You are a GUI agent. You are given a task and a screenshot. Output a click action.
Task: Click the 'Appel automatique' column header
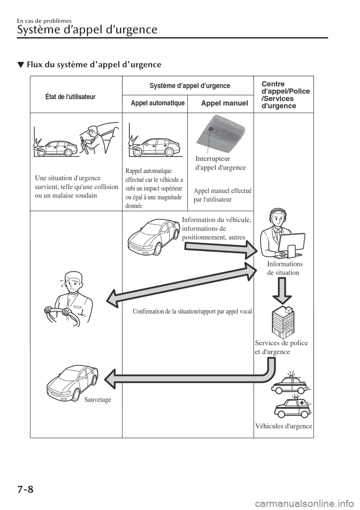(x=157, y=103)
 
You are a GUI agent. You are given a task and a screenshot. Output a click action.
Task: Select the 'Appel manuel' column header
(x=224, y=103)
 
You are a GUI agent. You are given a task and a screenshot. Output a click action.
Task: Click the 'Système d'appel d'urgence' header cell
(x=190, y=86)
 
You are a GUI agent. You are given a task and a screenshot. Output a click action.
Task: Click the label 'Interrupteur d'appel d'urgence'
(x=220, y=163)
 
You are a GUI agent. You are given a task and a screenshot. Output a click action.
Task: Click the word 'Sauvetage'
(x=97, y=400)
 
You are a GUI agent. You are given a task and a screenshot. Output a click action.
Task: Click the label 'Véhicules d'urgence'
(x=283, y=426)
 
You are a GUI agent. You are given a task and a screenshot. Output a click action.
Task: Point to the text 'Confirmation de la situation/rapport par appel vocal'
(x=192, y=311)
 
